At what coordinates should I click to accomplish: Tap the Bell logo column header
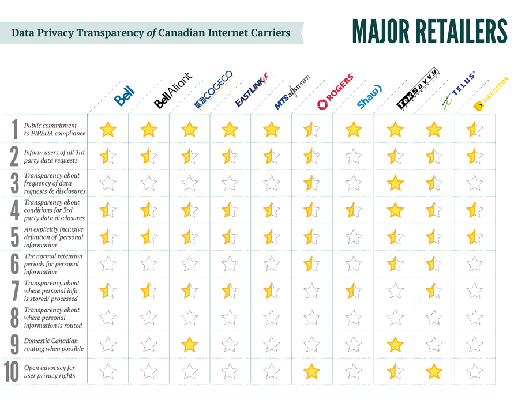(x=124, y=96)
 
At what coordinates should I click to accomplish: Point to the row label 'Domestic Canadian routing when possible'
(x=54, y=345)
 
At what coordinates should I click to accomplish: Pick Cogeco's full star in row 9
(x=189, y=345)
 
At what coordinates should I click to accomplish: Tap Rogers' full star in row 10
(x=311, y=372)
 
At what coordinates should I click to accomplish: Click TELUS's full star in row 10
(x=434, y=372)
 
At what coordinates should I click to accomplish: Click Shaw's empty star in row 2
(x=353, y=156)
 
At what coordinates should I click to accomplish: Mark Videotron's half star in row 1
(x=475, y=129)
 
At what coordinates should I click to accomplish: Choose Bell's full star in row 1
(x=107, y=129)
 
